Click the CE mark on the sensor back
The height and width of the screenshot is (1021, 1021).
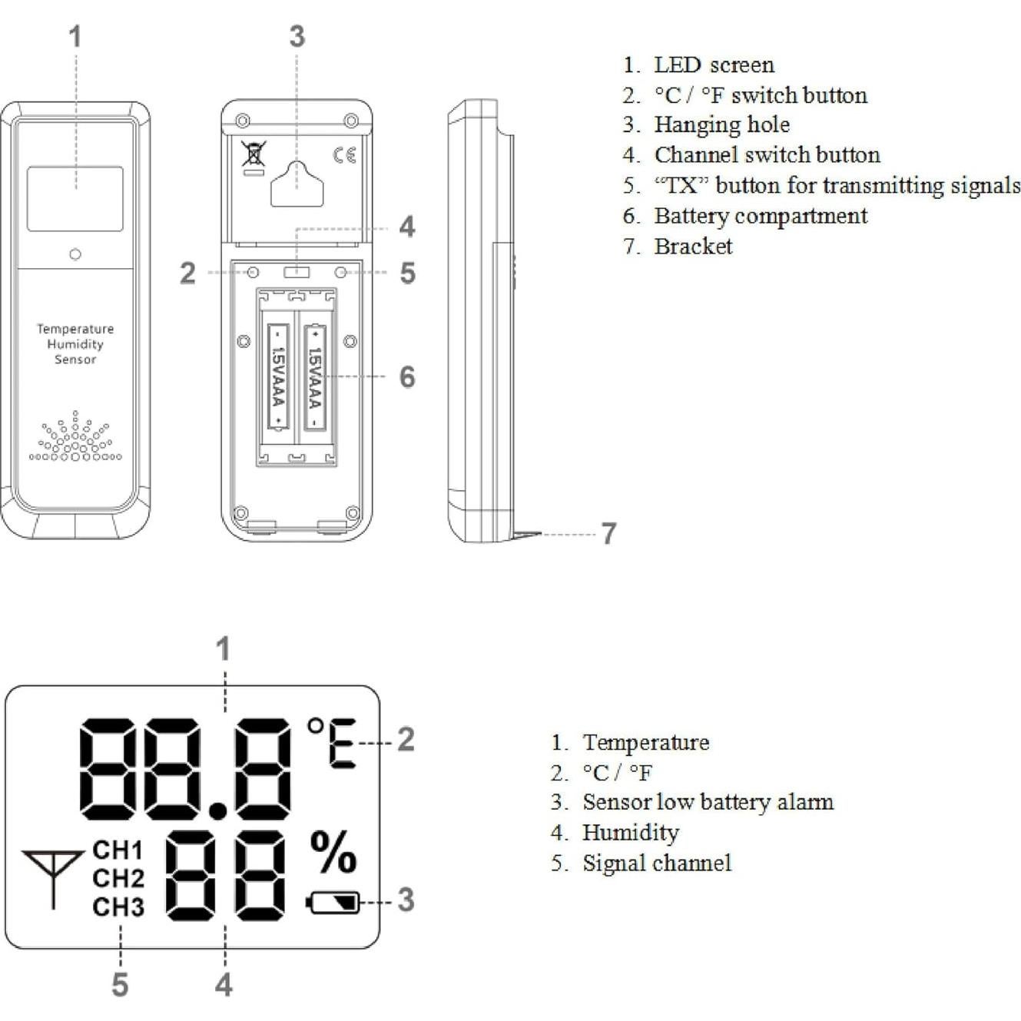coord(344,154)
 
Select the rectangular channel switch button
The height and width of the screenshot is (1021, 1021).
coord(297,272)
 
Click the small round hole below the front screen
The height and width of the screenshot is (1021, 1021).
coord(75,254)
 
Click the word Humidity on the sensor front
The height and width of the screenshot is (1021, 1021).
coord(75,344)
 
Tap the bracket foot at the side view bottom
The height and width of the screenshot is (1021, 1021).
coord(527,535)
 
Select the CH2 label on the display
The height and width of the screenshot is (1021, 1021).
coord(118,878)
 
